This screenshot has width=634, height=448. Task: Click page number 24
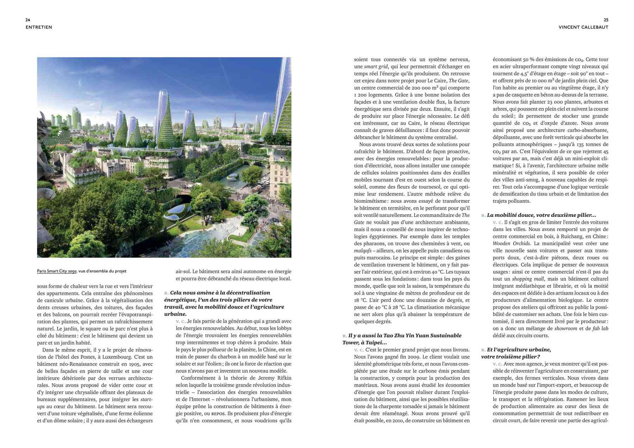[x=28, y=20]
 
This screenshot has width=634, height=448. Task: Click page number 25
[x=606, y=20]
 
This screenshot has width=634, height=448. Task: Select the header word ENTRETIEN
[x=39, y=27]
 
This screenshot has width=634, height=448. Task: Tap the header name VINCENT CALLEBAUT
[x=583, y=27]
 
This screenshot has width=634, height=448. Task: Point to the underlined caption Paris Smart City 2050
[x=57, y=271]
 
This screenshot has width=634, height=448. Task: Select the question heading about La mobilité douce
[x=541, y=215]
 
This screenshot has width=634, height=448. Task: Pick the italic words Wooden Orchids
[x=511, y=243]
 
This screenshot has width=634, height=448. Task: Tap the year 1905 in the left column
[x=136, y=364]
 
